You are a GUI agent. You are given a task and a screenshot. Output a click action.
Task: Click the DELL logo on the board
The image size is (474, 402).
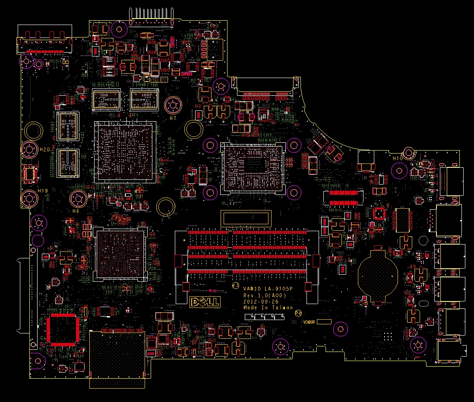point(205,302)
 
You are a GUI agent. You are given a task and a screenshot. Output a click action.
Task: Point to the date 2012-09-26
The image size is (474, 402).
point(261,301)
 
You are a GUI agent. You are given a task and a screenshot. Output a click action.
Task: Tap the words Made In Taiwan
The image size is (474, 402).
point(268,308)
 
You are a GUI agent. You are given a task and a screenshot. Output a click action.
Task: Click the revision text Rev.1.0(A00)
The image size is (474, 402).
point(265,295)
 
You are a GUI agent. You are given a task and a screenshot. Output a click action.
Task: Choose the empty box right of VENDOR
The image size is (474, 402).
point(324,322)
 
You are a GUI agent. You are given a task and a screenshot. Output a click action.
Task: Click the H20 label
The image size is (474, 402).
point(44,149)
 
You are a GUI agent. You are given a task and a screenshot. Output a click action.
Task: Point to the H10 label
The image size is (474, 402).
point(398,158)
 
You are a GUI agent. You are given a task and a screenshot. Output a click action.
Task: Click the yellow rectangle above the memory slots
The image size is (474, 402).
point(246,218)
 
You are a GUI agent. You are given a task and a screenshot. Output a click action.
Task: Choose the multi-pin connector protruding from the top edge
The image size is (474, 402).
point(151,14)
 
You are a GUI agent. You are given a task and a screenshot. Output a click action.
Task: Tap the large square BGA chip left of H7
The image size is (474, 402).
point(125,151)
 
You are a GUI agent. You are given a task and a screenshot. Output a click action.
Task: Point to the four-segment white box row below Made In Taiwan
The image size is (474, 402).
point(264,317)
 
